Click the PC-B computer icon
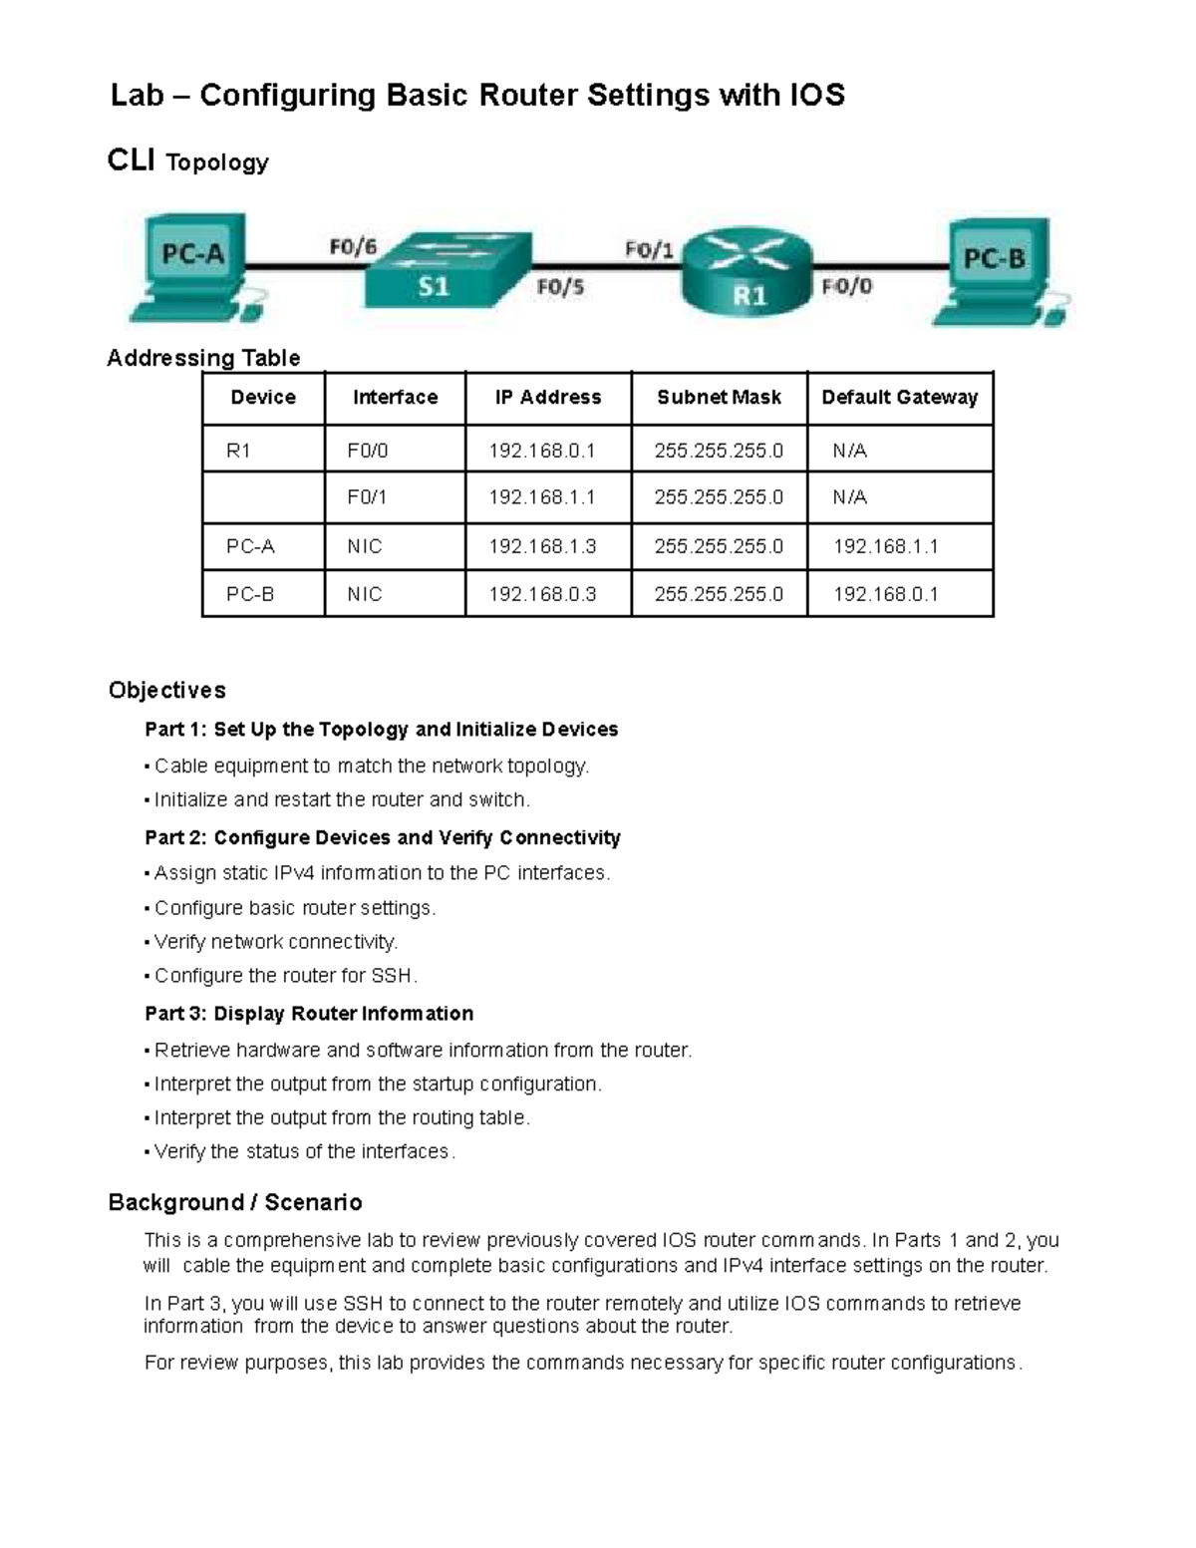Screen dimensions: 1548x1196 (x=999, y=270)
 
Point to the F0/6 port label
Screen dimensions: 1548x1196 (x=353, y=246)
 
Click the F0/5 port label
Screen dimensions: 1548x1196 (x=560, y=287)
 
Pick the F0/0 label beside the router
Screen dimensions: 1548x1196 (x=847, y=287)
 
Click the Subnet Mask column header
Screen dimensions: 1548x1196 (x=719, y=398)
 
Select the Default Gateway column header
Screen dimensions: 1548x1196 (x=899, y=398)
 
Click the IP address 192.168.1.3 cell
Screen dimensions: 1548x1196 (x=542, y=546)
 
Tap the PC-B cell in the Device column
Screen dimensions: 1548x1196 (x=250, y=594)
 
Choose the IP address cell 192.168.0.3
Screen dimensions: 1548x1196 (x=542, y=594)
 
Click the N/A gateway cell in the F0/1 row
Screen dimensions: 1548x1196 (x=850, y=497)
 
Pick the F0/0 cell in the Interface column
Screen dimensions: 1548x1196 (x=367, y=451)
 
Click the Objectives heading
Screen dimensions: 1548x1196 (x=166, y=690)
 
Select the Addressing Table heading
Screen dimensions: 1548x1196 (x=203, y=358)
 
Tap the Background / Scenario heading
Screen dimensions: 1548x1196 (x=234, y=1202)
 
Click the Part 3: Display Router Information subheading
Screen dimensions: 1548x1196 (x=309, y=1014)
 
